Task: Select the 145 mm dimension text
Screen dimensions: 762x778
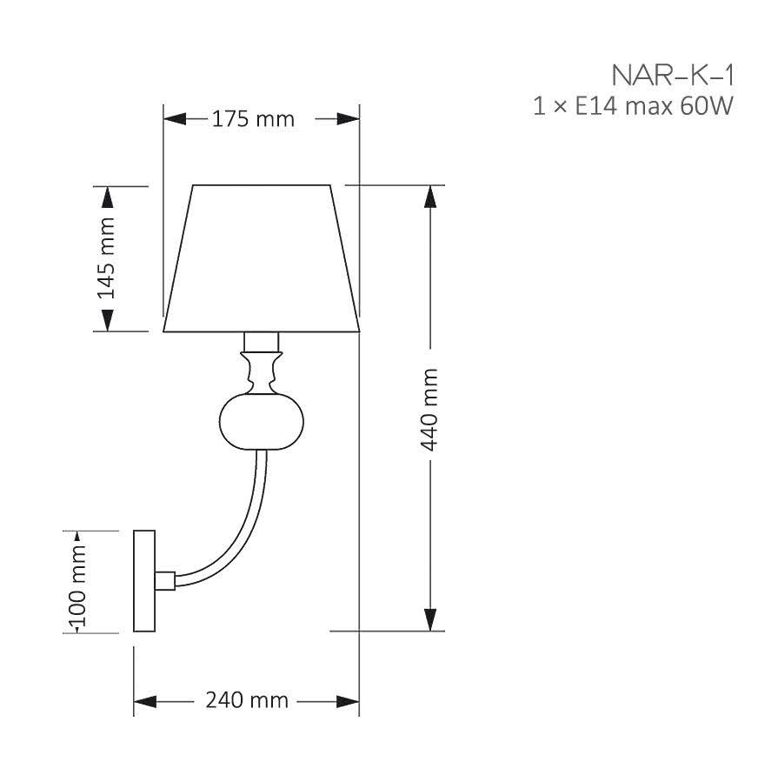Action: (x=106, y=258)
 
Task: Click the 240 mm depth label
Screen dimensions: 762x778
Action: (x=247, y=700)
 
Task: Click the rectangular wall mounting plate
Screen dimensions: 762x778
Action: (x=143, y=580)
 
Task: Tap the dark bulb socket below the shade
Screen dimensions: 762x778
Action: (x=262, y=340)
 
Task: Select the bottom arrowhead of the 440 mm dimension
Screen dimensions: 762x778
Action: (x=429, y=619)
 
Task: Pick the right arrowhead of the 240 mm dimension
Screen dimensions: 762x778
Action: (x=349, y=701)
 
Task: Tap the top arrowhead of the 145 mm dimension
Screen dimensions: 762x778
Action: (x=106, y=197)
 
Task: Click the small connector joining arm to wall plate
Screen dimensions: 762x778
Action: (x=165, y=579)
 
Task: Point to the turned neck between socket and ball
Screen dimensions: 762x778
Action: (x=262, y=371)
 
